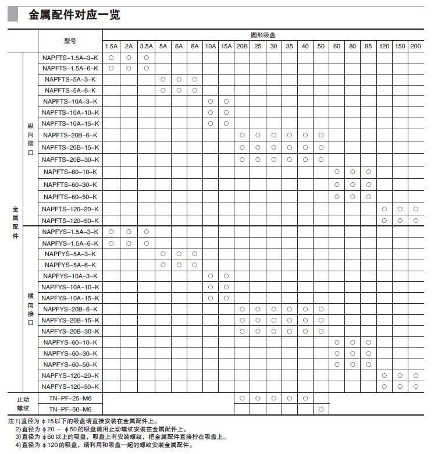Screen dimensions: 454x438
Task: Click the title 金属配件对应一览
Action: (x=74, y=15)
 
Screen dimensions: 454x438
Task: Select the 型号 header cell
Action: (x=70, y=41)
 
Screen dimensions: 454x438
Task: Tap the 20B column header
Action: (x=242, y=46)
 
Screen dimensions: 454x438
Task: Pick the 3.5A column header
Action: (x=147, y=46)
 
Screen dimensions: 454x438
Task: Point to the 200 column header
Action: (x=415, y=46)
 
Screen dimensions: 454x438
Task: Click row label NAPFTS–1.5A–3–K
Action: (x=70, y=58)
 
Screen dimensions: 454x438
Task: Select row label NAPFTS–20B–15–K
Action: (x=70, y=147)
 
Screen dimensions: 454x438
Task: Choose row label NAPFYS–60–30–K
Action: (x=70, y=353)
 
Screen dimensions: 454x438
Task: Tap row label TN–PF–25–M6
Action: (x=70, y=398)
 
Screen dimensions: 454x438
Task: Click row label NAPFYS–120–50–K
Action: (x=70, y=386)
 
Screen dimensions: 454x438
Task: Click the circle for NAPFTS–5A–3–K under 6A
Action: (x=179, y=79)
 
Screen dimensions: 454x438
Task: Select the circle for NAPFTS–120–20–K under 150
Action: (x=400, y=209)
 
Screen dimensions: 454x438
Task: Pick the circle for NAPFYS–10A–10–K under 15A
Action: (x=226, y=287)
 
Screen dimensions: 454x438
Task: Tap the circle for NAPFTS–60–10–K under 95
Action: (x=369, y=172)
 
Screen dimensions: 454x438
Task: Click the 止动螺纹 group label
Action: (x=23, y=403)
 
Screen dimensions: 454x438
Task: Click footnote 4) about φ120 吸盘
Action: (x=105, y=445)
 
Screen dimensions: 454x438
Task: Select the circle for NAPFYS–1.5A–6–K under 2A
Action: (x=129, y=243)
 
